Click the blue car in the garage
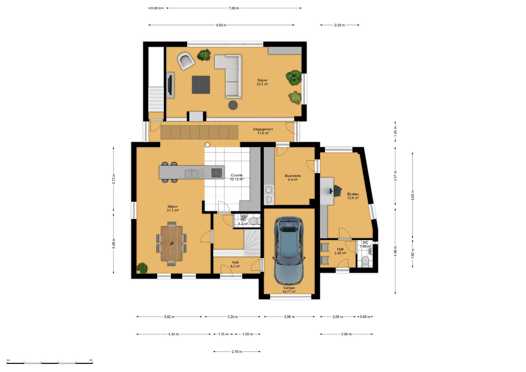click(x=289, y=250)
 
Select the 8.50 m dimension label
click(x=221, y=25)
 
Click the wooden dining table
click(x=171, y=243)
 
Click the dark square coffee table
click(x=201, y=85)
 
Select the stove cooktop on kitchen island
click(x=217, y=173)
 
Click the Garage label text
click(x=289, y=288)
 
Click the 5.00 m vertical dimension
click(x=413, y=195)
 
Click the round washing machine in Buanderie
click(x=269, y=190)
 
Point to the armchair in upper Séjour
click(x=186, y=61)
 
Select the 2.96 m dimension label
click(x=289, y=317)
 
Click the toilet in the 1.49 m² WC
click(x=365, y=261)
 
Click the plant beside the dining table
click(x=142, y=268)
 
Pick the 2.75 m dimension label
click(x=237, y=352)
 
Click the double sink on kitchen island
click(x=191, y=174)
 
